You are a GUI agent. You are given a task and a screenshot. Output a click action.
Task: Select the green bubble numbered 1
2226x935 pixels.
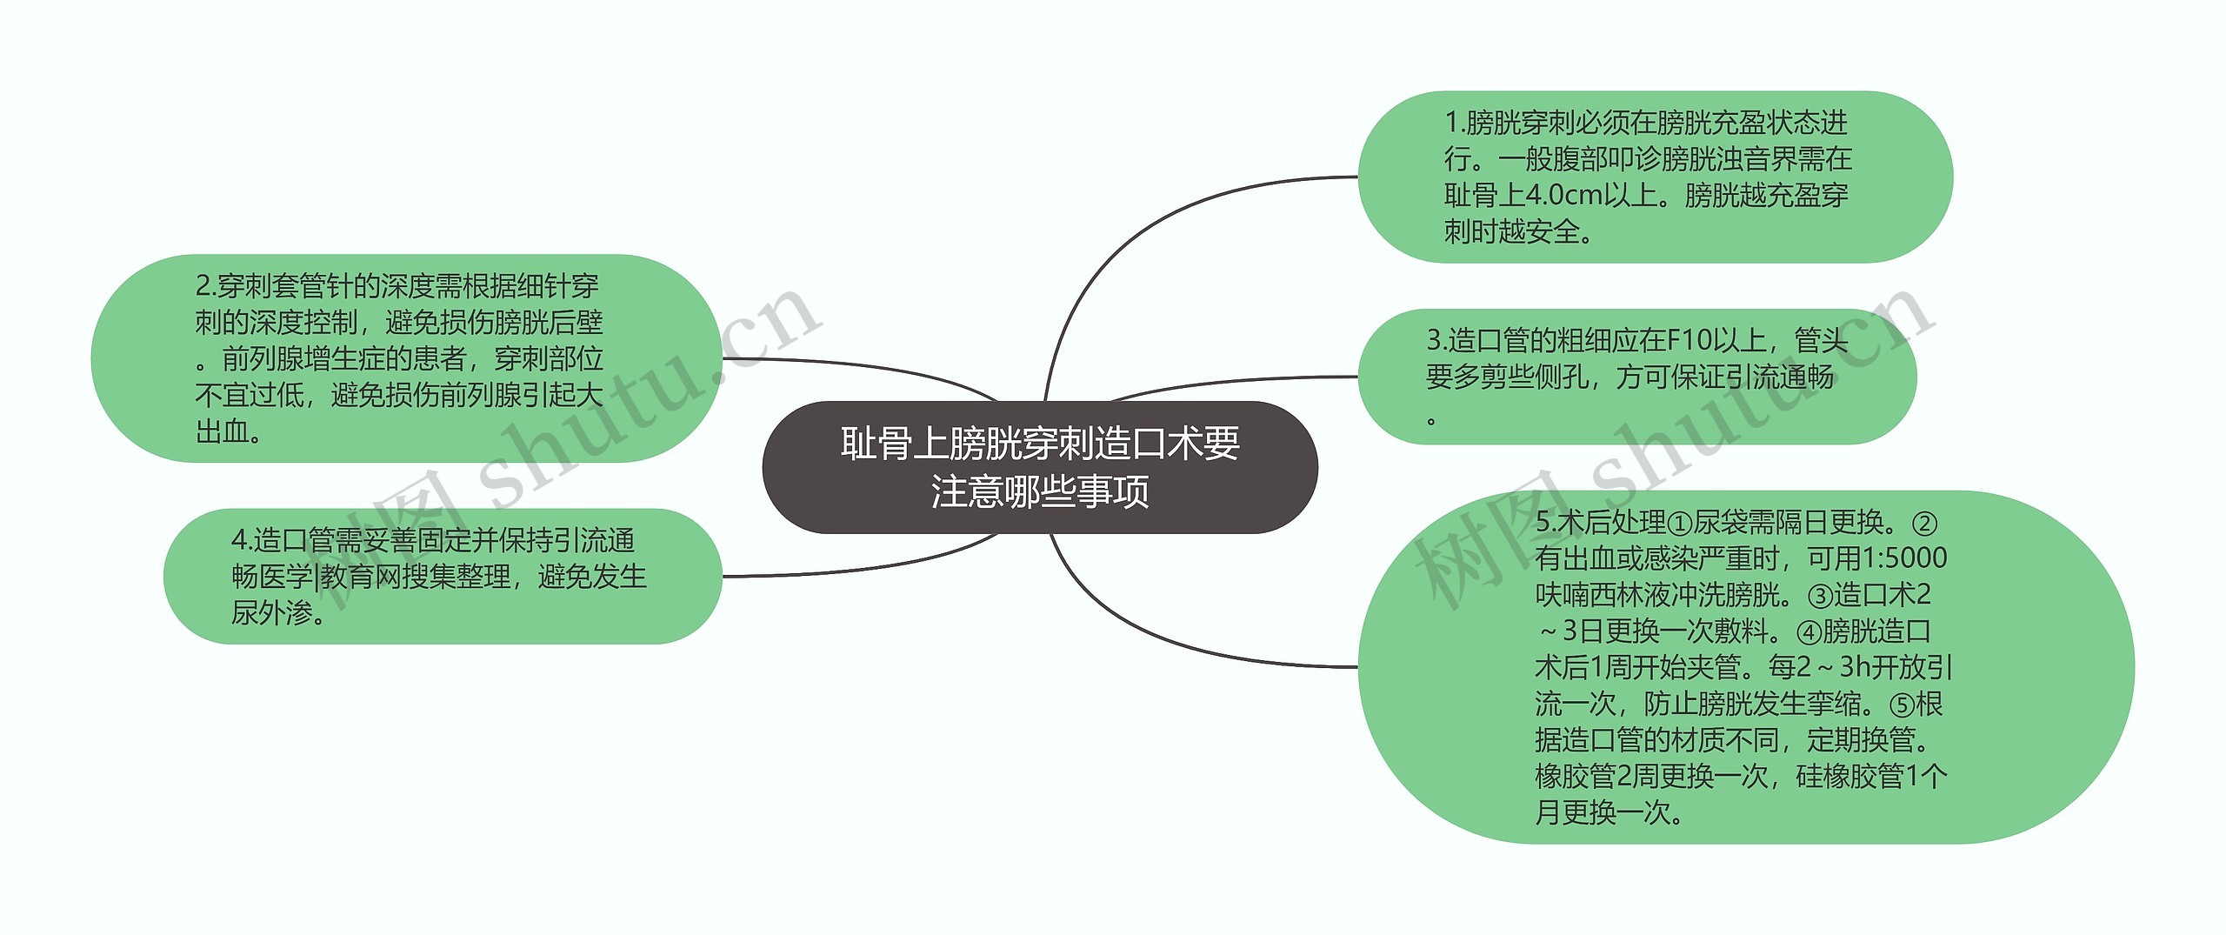point(1654,177)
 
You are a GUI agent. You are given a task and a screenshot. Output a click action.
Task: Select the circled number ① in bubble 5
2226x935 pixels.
point(1680,524)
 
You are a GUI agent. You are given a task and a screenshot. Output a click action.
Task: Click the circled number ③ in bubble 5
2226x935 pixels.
point(1820,596)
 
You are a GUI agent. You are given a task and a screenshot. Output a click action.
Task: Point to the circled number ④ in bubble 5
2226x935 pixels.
point(1809,631)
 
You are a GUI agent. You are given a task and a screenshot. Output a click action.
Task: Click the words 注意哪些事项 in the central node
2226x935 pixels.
point(1040,491)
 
